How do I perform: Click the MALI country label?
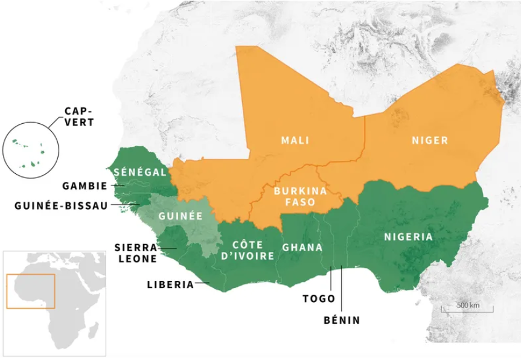click(x=295, y=141)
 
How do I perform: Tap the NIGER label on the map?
click(x=430, y=141)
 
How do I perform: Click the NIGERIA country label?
click(x=408, y=237)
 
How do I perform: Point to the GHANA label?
click(x=302, y=248)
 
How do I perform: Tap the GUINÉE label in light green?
click(x=180, y=216)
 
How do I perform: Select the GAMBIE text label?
click(x=85, y=186)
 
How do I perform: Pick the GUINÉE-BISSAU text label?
click(x=60, y=205)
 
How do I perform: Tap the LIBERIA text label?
click(x=170, y=284)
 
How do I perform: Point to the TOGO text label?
click(x=319, y=298)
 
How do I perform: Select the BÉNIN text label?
click(x=341, y=320)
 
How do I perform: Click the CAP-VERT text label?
click(x=80, y=116)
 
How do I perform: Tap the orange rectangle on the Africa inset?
click(x=30, y=291)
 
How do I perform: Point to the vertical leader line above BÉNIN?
click(x=341, y=290)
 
